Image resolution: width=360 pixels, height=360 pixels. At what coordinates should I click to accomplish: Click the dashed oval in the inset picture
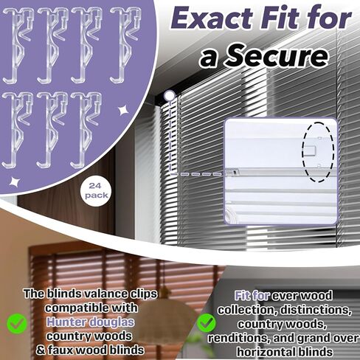pos(319,148)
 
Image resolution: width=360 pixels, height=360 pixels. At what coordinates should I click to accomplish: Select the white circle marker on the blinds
pos(169,95)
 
